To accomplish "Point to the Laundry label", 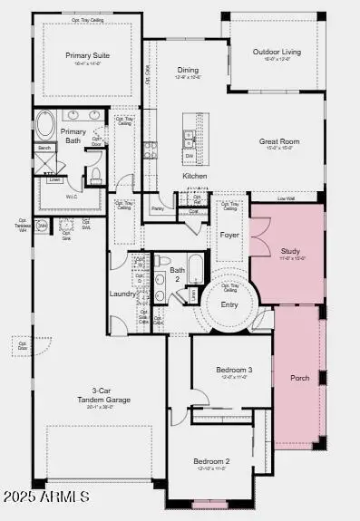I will pos(123,293).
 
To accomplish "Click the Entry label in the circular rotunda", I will pos(230,304).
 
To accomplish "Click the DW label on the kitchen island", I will pos(189,155).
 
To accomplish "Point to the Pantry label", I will pos(157,208).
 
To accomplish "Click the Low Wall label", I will pos(286,198).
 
